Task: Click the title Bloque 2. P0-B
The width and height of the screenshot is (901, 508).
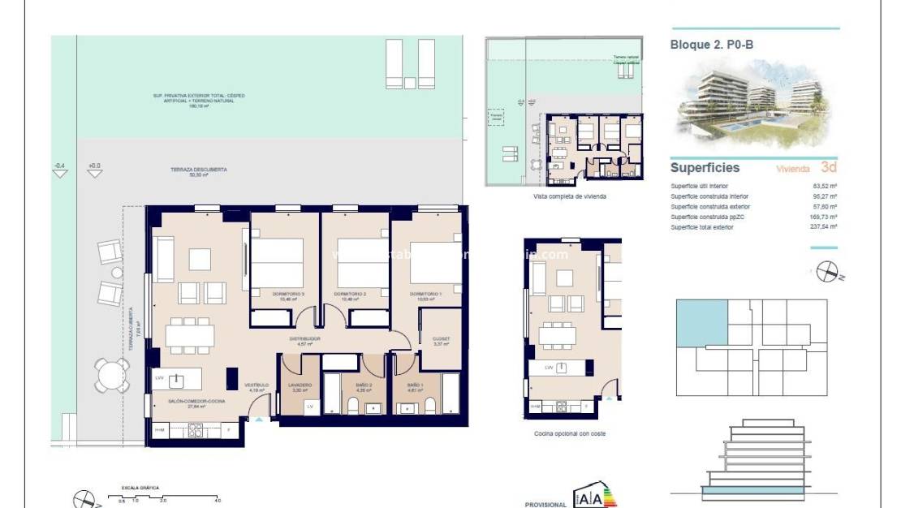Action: pos(712,45)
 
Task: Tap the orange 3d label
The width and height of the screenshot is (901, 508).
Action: pos(828,168)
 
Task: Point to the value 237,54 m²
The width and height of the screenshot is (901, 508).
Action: pos(824,227)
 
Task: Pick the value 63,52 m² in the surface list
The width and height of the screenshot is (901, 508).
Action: pos(825,186)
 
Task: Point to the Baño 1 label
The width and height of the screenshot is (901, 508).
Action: pos(414,386)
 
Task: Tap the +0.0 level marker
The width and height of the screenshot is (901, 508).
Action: pos(94,167)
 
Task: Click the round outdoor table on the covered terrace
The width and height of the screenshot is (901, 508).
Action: pos(110,375)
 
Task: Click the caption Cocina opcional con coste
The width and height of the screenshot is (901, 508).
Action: pos(569,433)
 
